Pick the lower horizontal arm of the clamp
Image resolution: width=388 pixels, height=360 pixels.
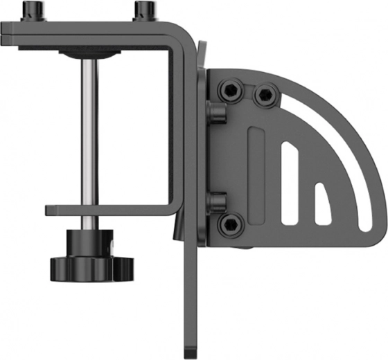tap(104, 209)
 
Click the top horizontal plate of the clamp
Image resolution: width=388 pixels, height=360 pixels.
tap(90, 34)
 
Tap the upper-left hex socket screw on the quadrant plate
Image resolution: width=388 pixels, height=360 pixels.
tap(229, 90)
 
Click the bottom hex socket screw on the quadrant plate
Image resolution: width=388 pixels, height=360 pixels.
tap(229, 223)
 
